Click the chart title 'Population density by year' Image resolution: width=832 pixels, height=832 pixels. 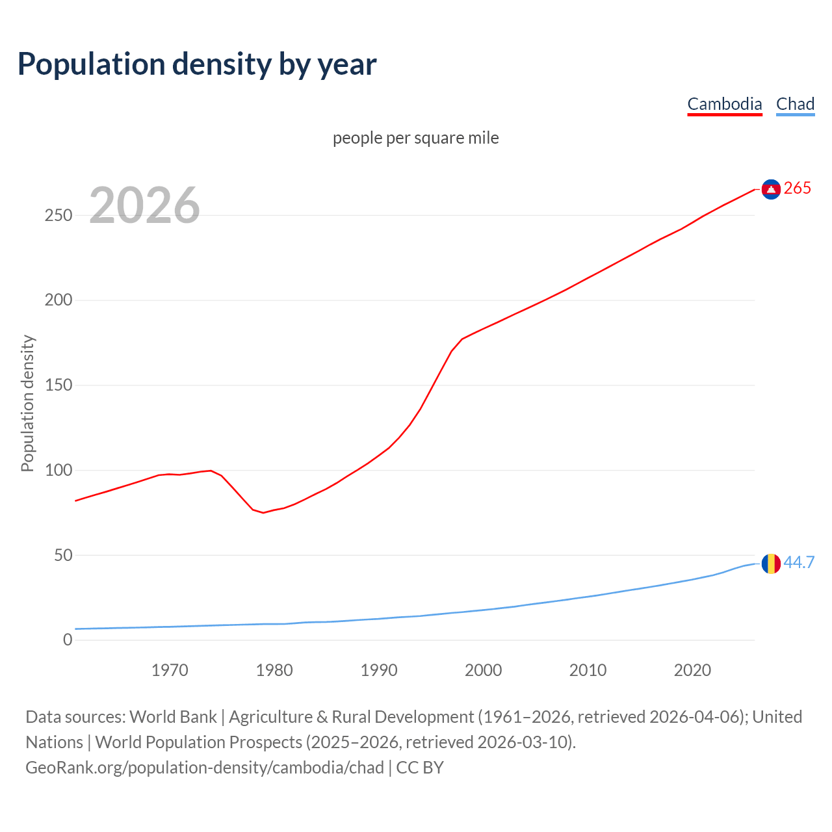click(197, 64)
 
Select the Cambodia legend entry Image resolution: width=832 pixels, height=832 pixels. click(724, 104)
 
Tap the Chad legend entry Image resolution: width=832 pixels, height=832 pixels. click(795, 104)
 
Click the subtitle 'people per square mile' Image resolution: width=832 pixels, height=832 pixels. click(415, 138)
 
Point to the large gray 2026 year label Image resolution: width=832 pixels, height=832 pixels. click(144, 205)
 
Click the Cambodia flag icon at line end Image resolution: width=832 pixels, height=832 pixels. click(771, 189)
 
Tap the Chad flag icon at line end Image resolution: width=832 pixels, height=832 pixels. click(771, 564)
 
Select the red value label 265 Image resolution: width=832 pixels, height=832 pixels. click(798, 188)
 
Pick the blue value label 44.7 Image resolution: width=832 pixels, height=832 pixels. click(799, 562)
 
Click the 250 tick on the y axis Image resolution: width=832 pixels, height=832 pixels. click(58, 215)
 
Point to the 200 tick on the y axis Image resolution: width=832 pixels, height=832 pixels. click(58, 300)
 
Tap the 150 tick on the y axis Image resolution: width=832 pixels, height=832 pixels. click(58, 385)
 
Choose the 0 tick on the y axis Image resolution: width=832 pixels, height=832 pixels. click(68, 640)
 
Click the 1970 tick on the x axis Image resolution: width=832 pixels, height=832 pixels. click(170, 670)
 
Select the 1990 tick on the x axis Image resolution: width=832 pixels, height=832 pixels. click(379, 670)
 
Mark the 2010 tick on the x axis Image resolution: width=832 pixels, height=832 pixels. click(588, 670)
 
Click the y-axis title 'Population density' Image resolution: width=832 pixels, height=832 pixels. click(27, 403)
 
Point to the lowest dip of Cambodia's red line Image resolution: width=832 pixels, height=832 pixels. click(263, 513)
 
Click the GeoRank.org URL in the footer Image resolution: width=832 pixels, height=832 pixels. click(205, 768)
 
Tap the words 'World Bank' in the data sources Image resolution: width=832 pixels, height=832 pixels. click(173, 717)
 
